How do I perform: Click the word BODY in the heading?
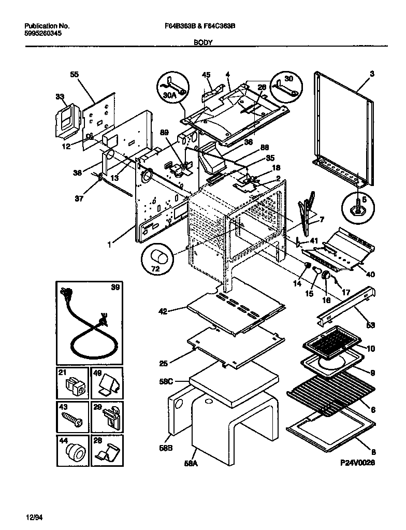(x=202, y=43)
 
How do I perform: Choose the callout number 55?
(x=74, y=74)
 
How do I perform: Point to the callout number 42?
(x=163, y=311)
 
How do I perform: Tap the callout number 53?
(x=370, y=325)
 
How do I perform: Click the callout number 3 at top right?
(x=372, y=74)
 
